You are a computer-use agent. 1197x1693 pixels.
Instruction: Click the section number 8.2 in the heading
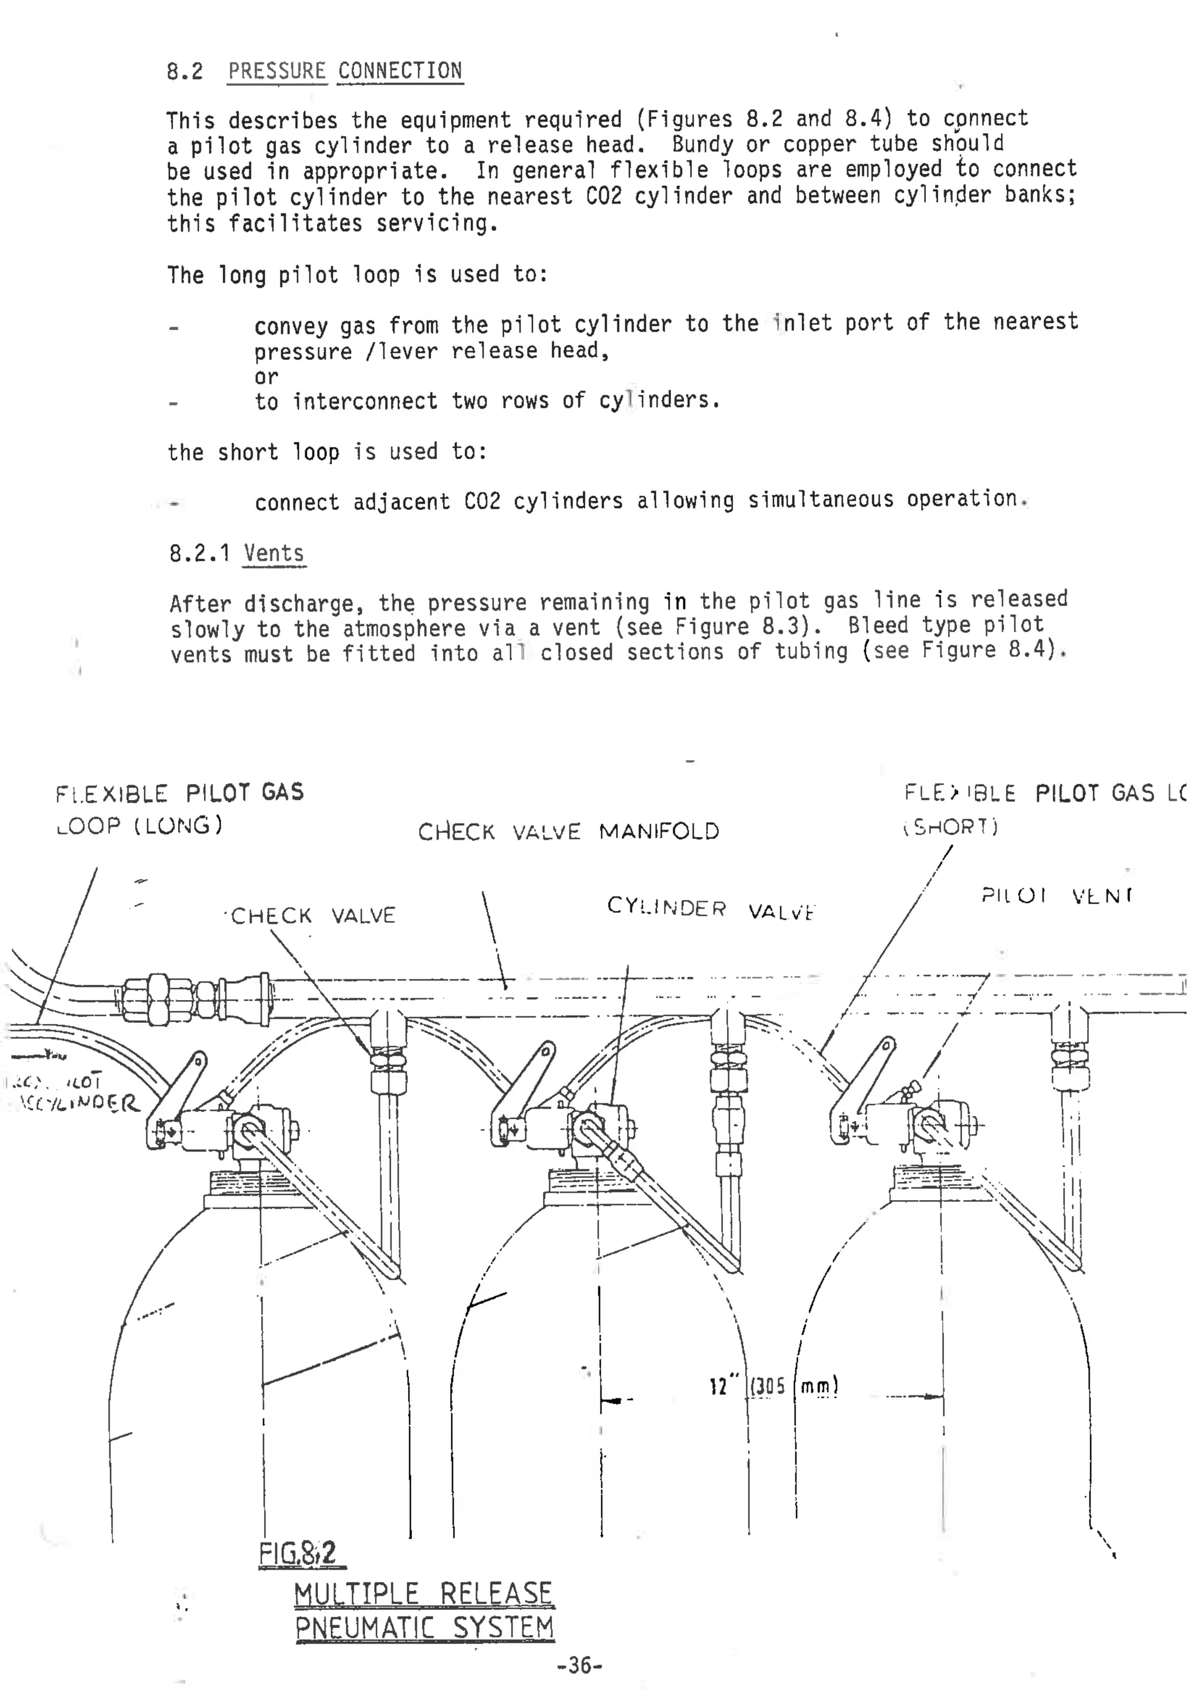tap(184, 71)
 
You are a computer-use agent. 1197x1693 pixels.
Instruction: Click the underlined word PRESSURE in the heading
tap(276, 71)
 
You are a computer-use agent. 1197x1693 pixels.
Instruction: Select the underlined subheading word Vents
tap(274, 553)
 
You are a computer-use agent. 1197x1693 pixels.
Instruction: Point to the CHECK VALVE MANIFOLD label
tap(568, 832)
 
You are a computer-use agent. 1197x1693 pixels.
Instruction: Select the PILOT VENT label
tap(1056, 896)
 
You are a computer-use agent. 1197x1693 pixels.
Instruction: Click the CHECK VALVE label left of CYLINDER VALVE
tap(313, 916)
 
